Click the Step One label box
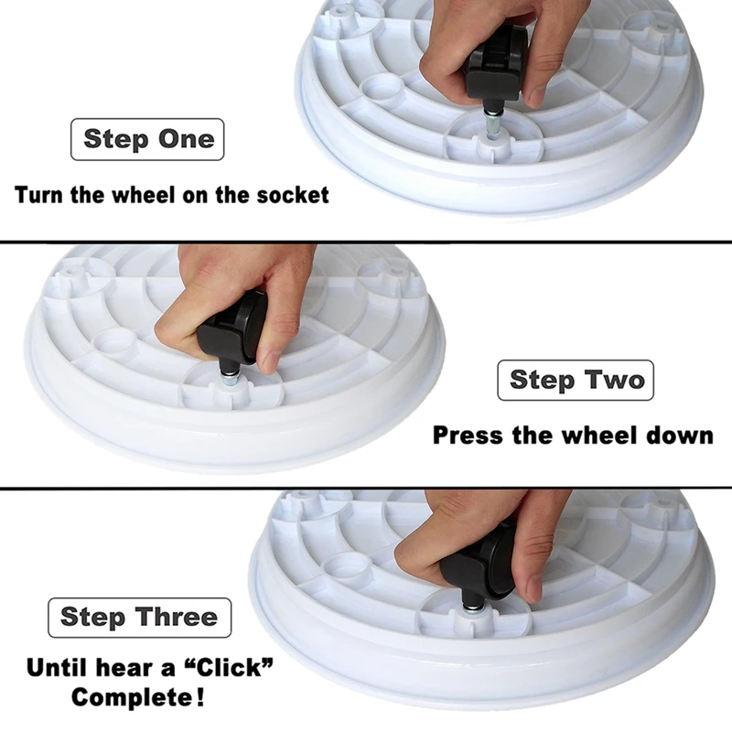[x=147, y=139]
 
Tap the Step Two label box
[x=576, y=380]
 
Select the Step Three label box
[x=140, y=617]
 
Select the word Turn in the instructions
[x=38, y=194]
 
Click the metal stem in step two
[x=229, y=379]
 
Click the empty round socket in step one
[x=382, y=86]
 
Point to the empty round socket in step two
[x=113, y=339]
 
